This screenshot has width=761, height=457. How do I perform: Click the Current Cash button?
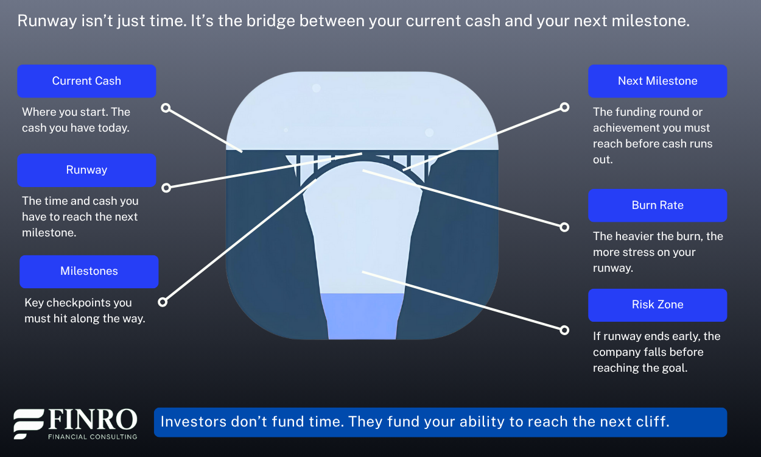coord(86,81)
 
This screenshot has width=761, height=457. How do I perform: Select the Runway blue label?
coord(86,170)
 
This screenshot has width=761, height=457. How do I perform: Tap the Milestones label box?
coord(89,272)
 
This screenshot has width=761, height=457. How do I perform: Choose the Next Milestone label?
coord(658,81)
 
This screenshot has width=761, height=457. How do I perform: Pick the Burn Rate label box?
coord(658,205)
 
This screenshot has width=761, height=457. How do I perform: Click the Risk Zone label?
coord(658,305)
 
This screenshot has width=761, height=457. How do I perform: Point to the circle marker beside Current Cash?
coord(166,108)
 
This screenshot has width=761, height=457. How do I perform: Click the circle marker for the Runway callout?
coord(166,188)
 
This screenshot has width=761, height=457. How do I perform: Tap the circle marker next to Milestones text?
coord(163,302)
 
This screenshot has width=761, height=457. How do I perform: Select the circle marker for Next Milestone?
coord(564,107)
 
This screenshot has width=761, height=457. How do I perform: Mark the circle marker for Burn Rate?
coord(564,227)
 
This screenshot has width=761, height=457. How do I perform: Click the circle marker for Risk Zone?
coord(564,330)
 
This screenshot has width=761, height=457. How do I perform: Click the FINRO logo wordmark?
coord(93,420)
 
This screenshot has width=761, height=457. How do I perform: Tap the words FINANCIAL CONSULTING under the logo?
coord(93,437)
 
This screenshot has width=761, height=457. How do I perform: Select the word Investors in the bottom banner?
coord(194,422)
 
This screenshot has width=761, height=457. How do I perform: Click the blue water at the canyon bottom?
coord(362,316)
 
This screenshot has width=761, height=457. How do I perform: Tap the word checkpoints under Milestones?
coord(78,303)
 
